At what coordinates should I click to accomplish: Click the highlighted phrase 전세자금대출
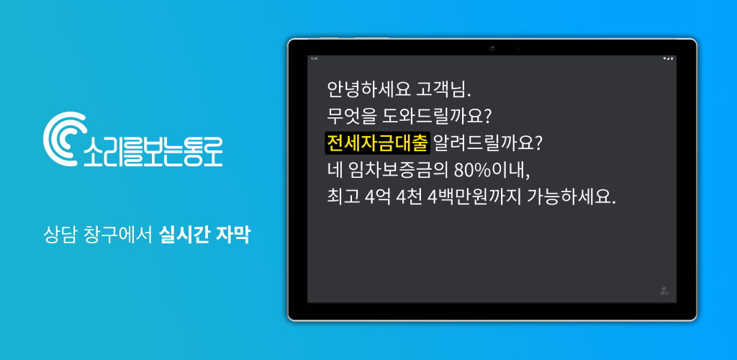[377, 143]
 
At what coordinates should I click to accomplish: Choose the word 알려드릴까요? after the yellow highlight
[489, 143]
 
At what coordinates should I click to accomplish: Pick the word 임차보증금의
[399, 171]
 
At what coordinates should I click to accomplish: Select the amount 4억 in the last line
[376, 197]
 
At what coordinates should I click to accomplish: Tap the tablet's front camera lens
[492, 48]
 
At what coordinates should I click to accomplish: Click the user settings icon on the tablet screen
[664, 291]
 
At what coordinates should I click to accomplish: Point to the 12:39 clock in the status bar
[314, 58]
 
